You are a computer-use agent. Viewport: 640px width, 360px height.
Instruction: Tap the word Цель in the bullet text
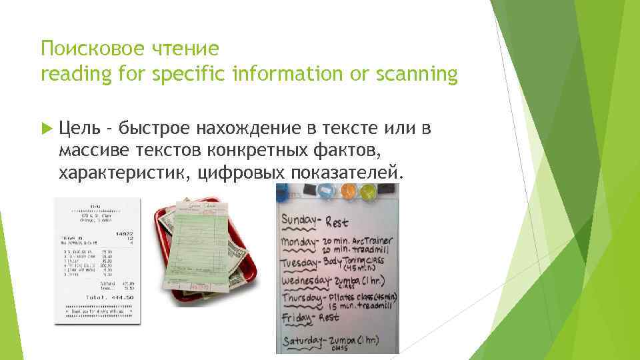coord(79,128)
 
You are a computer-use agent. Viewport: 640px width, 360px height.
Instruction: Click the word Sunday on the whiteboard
coord(302,221)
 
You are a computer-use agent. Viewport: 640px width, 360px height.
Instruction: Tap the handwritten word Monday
coord(301,241)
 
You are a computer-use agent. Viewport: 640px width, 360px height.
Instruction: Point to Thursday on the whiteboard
coord(303,299)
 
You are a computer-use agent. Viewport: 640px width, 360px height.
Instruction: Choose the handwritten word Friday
coord(296,319)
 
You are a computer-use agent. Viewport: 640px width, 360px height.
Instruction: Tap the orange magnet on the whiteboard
coord(347,193)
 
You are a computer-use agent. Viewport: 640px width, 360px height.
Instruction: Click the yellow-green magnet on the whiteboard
coord(368,193)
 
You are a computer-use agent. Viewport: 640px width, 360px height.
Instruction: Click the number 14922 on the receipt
coord(125,234)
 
